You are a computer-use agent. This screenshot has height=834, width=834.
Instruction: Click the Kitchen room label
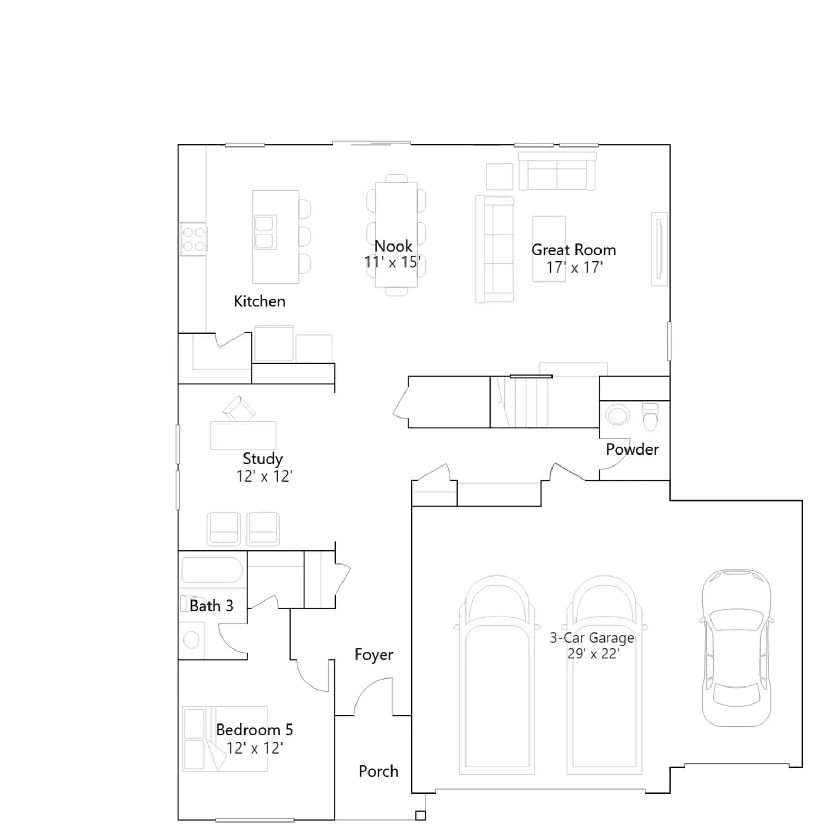pyautogui.click(x=260, y=301)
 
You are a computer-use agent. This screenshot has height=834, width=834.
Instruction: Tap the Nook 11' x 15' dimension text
pyautogui.click(x=393, y=262)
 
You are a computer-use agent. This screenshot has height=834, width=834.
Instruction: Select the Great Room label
pyautogui.click(x=573, y=250)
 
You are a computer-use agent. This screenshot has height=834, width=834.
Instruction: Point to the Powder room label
pyautogui.click(x=632, y=449)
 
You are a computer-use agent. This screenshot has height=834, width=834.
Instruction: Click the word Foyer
pyautogui.click(x=374, y=655)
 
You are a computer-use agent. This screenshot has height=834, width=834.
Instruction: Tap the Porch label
pyautogui.click(x=378, y=771)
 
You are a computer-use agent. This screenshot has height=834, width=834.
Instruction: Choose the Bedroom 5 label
pyautogui.click(x=254, y=730)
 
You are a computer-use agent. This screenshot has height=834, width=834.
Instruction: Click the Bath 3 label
pyautogui.click(x=212, y=606)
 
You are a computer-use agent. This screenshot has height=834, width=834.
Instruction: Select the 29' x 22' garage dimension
pyautogui.click(x=593, y=654)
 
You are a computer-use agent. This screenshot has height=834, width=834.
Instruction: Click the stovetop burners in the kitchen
pyautogui.click(x=193, y=239)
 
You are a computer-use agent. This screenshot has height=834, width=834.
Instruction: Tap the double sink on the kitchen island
pyautogui.click(x=265, y=232)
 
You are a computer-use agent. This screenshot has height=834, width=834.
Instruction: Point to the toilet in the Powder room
pyautogui.click(x=650, y=416)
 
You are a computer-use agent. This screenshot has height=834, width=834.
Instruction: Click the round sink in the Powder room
pyautogui.click(x=617, y=415)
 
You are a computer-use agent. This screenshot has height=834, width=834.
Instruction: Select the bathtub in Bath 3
pyautogui.click(x=212, y=570)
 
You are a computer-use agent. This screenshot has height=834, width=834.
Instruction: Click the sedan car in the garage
pyautogui.click(x=737, y=648)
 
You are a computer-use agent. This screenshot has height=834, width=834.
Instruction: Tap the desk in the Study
pyautogui.click(x=243, y=436)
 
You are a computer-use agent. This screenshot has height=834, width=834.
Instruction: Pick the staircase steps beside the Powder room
pyautogui.click(x=521, y=402)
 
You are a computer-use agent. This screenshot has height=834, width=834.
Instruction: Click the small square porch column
pyautogui.click(x=421, y=816)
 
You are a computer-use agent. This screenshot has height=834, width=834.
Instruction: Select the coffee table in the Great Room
pyautogui.click(x=549, y=249)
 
